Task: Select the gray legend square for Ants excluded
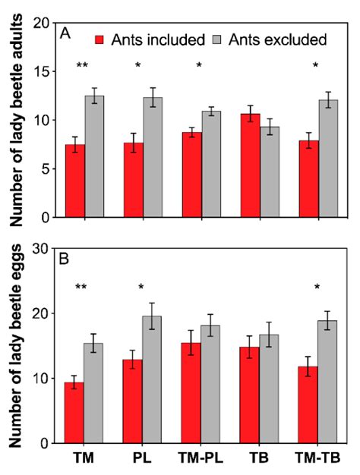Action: tap(207, 38)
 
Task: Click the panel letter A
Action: tap(66, 36)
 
